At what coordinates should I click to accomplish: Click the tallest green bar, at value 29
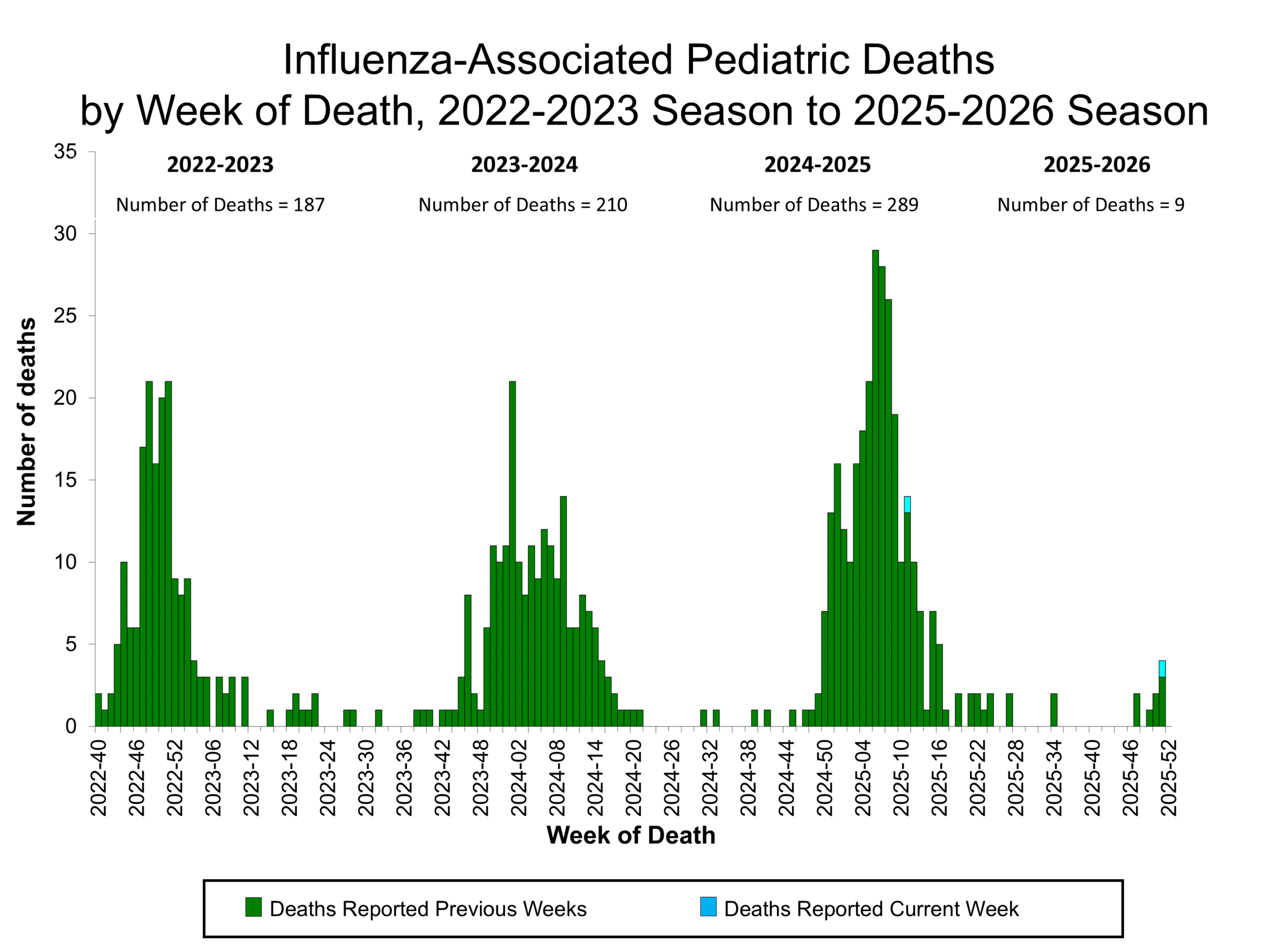coord(875,487)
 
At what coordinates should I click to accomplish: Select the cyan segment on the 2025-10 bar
coord(907,504)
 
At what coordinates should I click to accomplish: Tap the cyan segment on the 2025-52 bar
coord(1162,668)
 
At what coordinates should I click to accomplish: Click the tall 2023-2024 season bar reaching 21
coord(512,553)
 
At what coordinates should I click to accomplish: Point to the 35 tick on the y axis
coord(65,152)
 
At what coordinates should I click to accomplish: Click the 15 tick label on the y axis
coord(65,480)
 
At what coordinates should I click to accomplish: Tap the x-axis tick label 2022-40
coord(98,777)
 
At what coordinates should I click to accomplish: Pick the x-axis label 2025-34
coord(1054,777)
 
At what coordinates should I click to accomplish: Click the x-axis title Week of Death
coord(631,835)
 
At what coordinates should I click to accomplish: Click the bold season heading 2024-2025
coord(818,165)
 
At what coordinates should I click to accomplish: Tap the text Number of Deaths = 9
coord(1091,205)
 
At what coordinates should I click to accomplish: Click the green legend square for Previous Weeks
coord(253,907)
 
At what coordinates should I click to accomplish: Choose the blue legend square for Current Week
coord(708,907)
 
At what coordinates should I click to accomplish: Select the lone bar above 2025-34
coord(1053,710)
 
